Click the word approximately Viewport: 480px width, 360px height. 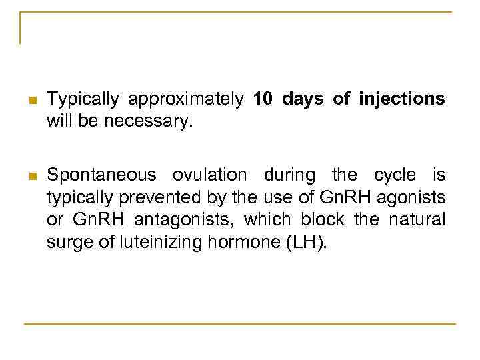[186, 100]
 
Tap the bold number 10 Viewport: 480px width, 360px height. [263, 99]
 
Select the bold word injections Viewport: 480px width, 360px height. [401, 99]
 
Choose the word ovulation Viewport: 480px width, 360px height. [210, 175]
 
